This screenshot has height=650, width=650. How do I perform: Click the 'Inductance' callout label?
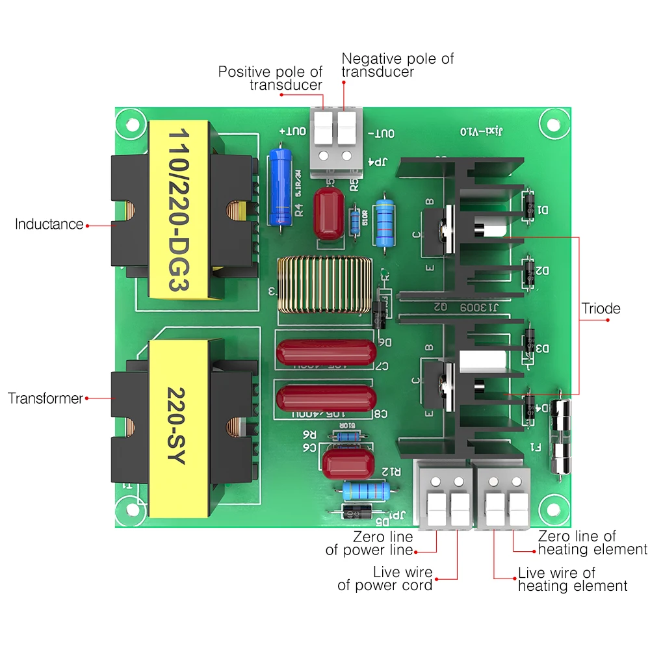point(49,224)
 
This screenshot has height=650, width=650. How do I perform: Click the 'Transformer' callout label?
point(45,398)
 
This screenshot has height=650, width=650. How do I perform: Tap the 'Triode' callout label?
point(601,308)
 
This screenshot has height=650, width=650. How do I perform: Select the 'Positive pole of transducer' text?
point(270,79)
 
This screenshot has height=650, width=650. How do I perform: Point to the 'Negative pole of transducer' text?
point(397,65)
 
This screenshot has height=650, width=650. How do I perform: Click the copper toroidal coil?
point(324,284)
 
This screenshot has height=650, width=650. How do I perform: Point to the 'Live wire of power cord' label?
point(385,578)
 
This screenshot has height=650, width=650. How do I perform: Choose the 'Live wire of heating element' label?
point(573,579)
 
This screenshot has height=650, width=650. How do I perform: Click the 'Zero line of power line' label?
point(370,543)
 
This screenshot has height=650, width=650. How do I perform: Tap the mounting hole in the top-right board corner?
point(554,123)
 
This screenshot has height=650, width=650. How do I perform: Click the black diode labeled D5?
point(357,513)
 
